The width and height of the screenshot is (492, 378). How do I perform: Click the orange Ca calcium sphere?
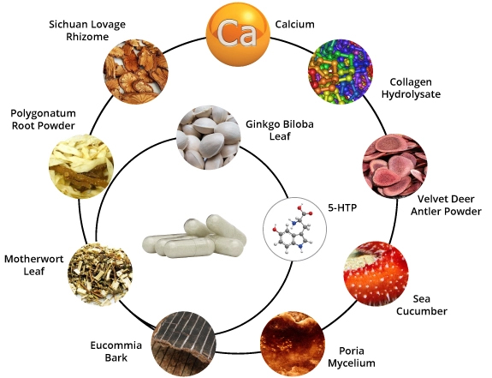[238, 34]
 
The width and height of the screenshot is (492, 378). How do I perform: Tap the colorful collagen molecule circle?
[341, 71]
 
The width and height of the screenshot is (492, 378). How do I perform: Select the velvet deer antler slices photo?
[395, 165]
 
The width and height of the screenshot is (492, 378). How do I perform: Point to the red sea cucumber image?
[376, 273]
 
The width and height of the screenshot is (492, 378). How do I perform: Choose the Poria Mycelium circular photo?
[293, 345]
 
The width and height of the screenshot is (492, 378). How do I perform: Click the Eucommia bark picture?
[184, 345]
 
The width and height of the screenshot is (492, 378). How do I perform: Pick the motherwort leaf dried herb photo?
[100, 274]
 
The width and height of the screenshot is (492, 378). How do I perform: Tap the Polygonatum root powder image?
[81, 166]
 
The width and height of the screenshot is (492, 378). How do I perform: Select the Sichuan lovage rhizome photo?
[136, 71]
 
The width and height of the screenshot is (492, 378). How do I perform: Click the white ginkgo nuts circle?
[209, 138]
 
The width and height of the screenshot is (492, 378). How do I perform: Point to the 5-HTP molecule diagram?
[294, 230]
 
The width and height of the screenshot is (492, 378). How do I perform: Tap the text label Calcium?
[294, 24]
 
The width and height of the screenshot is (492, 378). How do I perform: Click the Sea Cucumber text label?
[421, 305]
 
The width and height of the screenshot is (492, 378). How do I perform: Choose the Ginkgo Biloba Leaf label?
[280, 130]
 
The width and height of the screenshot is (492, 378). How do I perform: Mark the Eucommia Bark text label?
[116, 351]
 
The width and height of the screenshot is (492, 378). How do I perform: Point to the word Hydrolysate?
[411, 94]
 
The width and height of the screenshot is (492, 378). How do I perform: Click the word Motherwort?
[34, 259]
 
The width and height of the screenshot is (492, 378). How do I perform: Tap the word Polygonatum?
[43, 113]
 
